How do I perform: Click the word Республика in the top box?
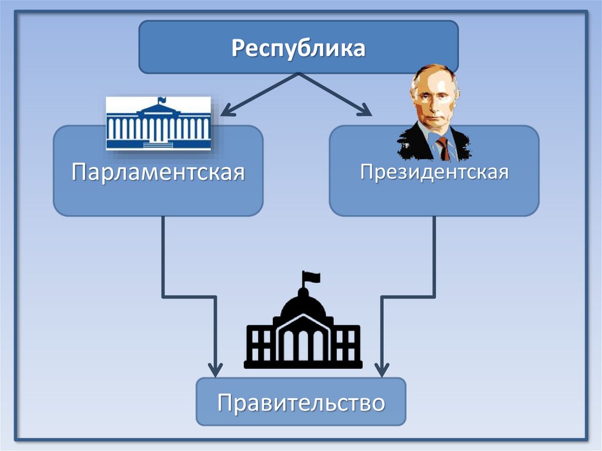coord(298,48)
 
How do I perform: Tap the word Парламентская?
coord(158,173)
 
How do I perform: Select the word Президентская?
coord(434,173)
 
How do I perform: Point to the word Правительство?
coord(301,403)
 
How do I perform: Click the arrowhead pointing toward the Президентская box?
coord(366,109)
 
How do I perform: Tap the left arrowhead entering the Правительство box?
coord(215,370)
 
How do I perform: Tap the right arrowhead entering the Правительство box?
coord(382,370)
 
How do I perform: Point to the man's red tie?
coord(443,148)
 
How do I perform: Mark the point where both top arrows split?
coord(299,74)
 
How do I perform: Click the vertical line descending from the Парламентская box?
coord(163,253)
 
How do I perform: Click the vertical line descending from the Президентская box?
coord(434,253)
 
